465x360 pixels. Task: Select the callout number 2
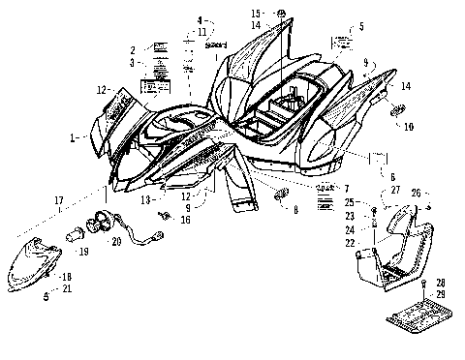point(132,50)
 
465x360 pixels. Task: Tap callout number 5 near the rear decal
point(360,27)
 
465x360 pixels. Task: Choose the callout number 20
point(117,240)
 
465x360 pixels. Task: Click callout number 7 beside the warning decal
point(346,186)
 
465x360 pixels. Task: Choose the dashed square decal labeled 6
point(379,158)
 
